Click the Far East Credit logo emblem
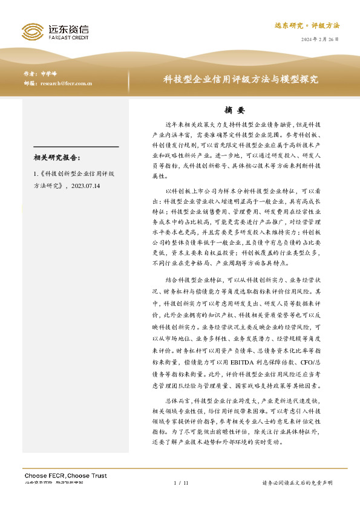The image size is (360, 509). pyautogui.click(x=31, y=31)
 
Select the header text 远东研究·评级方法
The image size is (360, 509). pyautogui.click(x=307, y=26)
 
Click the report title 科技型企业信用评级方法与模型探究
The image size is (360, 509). pyautogui.click(x=241, y=79)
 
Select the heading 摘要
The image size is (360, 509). pyautogui.click(x=234, y=111)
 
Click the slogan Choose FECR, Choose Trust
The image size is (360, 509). pyautogui.click(x=65, y=476)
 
